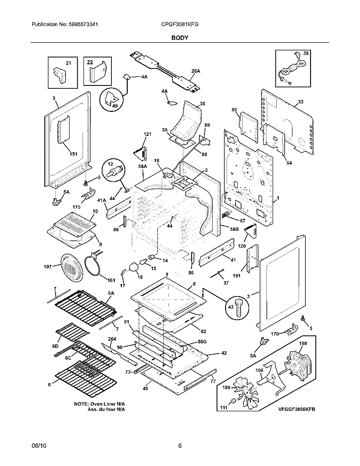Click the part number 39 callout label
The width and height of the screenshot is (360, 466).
[x=306, y=53]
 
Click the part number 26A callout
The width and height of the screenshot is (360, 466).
[x=195, y=71]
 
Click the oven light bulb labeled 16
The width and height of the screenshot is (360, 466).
[x=134, y=267]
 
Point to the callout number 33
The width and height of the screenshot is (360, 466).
[x=300, y=102]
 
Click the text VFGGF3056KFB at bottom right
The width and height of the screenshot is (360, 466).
[x=299, y=408]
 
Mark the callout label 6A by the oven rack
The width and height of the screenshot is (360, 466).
[x=111, y=292]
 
